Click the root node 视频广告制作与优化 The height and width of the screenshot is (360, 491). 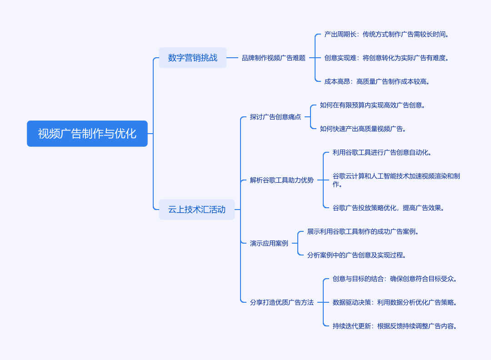click(87, 134)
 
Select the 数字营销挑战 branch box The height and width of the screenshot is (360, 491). click(193, 58)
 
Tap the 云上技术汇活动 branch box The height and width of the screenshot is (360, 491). click(197, 210)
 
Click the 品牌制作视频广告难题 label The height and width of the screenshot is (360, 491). click(274, 58)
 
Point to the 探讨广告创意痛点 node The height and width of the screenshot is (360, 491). click(276, 117)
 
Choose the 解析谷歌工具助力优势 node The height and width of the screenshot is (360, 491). click(282, 180)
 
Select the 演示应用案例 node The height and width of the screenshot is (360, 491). click(269, 243)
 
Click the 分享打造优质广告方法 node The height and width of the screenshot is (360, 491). click(282, 302)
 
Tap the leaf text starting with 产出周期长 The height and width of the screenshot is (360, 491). click(386, 34)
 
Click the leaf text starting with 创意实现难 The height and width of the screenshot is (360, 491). click(386, 58)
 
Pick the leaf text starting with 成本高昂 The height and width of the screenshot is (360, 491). click(377, 81)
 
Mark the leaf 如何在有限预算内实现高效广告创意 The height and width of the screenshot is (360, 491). click(373, 105)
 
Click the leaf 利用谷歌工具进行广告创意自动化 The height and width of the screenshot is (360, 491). click(382, 152)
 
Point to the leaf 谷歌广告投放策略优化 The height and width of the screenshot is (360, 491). click(389, 208)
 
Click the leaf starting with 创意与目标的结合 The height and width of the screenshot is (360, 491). click(395, 279)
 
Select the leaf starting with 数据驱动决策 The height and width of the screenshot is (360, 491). click(395, 302)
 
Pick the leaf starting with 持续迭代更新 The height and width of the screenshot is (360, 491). click(395, 326)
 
